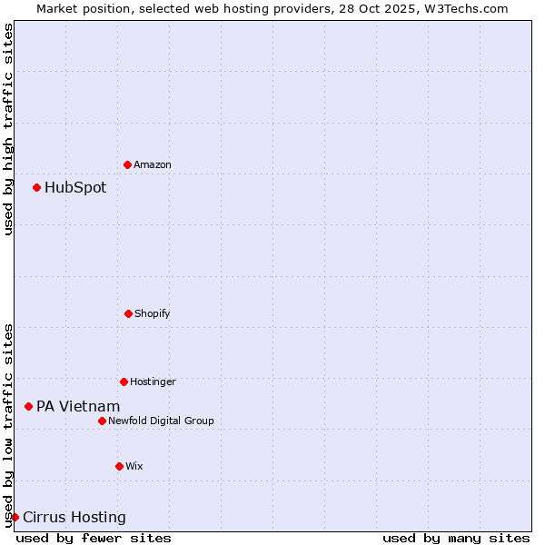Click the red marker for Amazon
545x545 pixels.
point(127,164)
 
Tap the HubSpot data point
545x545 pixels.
point(36,187)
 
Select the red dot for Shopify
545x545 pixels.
point(128,313)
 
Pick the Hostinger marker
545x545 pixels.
point(124,381)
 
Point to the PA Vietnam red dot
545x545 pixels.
point(28,406)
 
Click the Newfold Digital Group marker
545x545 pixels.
point(102,421)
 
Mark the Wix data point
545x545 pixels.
point(119,466)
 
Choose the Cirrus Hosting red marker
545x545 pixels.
point(15,517)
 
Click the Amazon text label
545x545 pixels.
point(153,164)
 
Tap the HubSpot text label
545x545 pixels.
point(75,188)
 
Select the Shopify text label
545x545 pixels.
point(153,313)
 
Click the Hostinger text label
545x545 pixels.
point(153,381)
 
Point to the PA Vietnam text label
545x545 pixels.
point(78,407)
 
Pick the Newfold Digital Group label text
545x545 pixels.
point(161,421)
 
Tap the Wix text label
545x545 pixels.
point(134,466)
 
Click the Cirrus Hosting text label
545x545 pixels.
point(74,518)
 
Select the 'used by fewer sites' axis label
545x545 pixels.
point(94,538)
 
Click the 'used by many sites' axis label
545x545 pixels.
point(456,538)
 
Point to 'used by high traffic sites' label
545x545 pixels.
point(8,129)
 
